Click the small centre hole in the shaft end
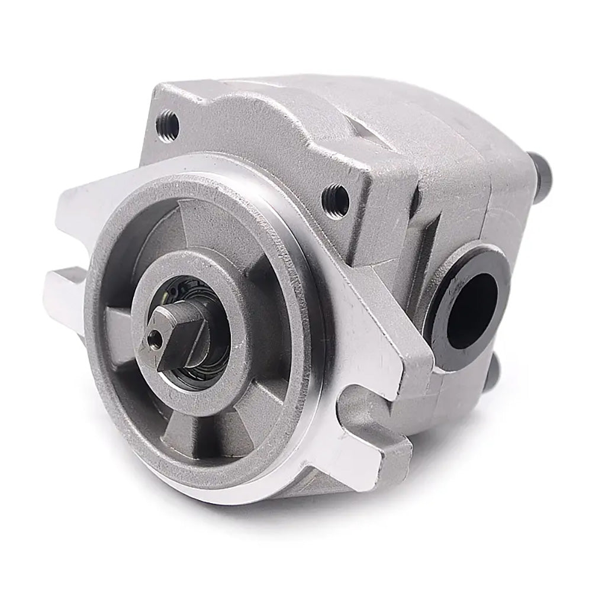pyautogui.click(x=155, y=338)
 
